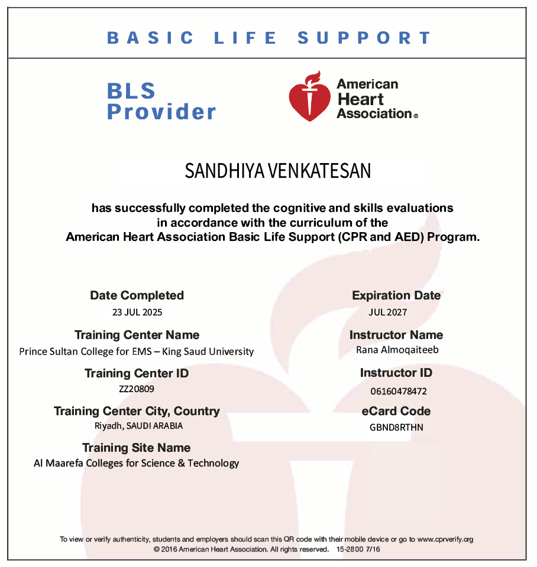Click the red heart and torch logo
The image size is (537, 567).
309,97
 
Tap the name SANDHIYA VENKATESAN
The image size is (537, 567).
278,171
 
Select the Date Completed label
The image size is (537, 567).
137,295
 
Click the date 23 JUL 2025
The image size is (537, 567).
137,312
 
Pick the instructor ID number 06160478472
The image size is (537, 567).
398,391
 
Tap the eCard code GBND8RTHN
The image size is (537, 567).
396,427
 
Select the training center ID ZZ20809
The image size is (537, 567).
137,389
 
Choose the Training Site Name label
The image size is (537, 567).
136,448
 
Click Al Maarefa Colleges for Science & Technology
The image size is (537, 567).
136,463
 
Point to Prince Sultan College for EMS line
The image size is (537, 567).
136,351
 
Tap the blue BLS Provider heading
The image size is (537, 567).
161,101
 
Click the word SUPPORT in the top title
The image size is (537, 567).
364,38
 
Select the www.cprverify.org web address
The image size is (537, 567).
445,539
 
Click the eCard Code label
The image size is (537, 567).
396,411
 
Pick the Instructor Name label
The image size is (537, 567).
396,335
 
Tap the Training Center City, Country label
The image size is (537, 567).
137,411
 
